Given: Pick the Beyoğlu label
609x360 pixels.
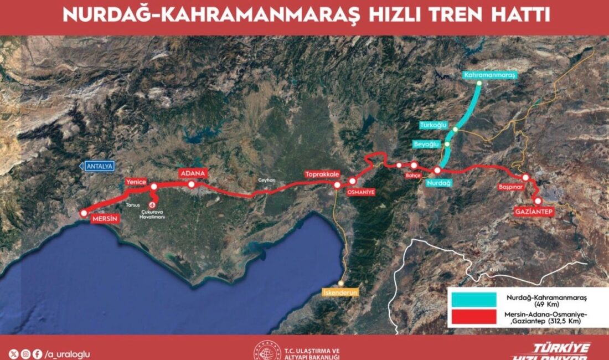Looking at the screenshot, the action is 426,144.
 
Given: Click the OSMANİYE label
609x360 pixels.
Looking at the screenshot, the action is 361,192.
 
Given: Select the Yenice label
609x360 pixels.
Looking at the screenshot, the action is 136,181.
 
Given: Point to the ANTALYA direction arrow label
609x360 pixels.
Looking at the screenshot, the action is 97,166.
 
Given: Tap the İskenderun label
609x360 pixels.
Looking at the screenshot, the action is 340,291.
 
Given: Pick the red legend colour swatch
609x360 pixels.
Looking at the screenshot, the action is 474,317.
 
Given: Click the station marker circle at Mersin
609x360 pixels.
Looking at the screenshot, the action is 84,213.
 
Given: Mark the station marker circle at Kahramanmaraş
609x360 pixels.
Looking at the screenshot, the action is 479,84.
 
